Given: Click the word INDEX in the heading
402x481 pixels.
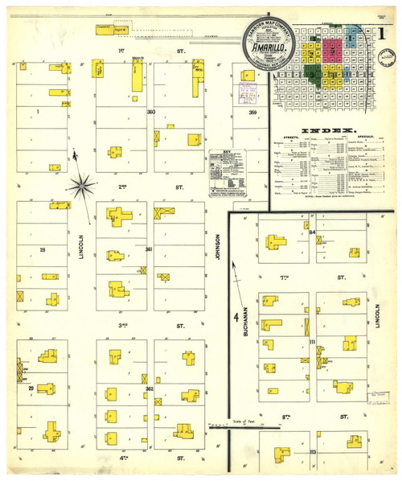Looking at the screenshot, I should tap(328, 130).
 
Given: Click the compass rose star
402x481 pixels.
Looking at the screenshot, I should tap(81, 187).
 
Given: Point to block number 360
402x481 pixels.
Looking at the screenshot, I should tap(150, 112).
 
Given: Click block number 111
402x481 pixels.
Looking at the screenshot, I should tap(312, 343).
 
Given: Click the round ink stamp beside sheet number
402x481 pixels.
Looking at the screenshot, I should tap(389, 58).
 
